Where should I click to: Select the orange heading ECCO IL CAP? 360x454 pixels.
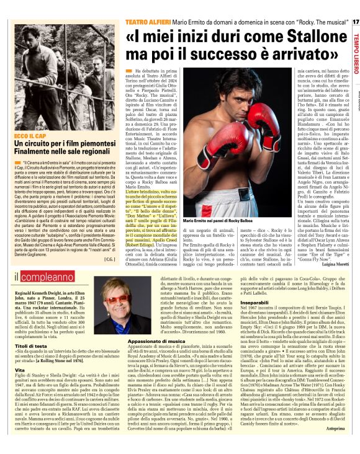30,133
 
